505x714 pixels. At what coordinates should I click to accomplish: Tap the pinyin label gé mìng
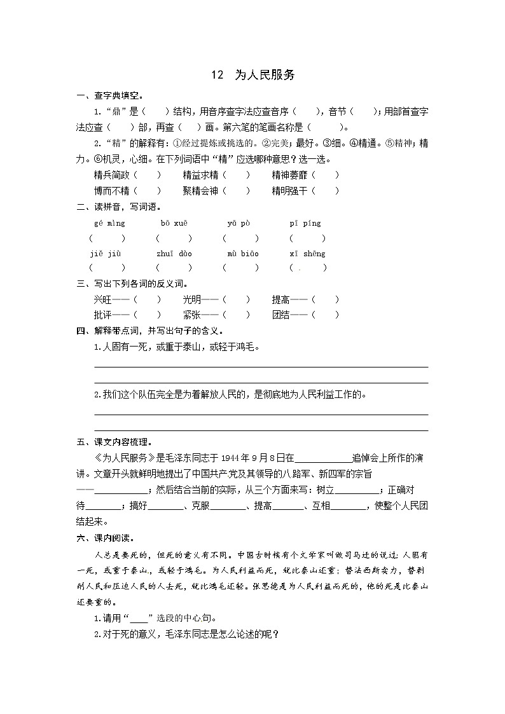[x=109, y=223]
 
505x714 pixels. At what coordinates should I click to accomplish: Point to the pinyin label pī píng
[x=305, y=223]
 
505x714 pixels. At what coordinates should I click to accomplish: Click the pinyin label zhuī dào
[x=174, y=254]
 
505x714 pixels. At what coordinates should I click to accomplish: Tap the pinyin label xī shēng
[x=307, y=254]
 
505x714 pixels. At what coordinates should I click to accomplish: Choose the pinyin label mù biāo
[x=243, y=254]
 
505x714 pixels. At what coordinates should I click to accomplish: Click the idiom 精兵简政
[x=111, y=175]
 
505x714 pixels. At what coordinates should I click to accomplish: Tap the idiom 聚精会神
[x=200, y=190]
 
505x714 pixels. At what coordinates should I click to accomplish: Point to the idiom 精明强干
[x=289, y=190]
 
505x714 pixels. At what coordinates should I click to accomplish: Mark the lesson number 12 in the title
[x=216, y=75]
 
